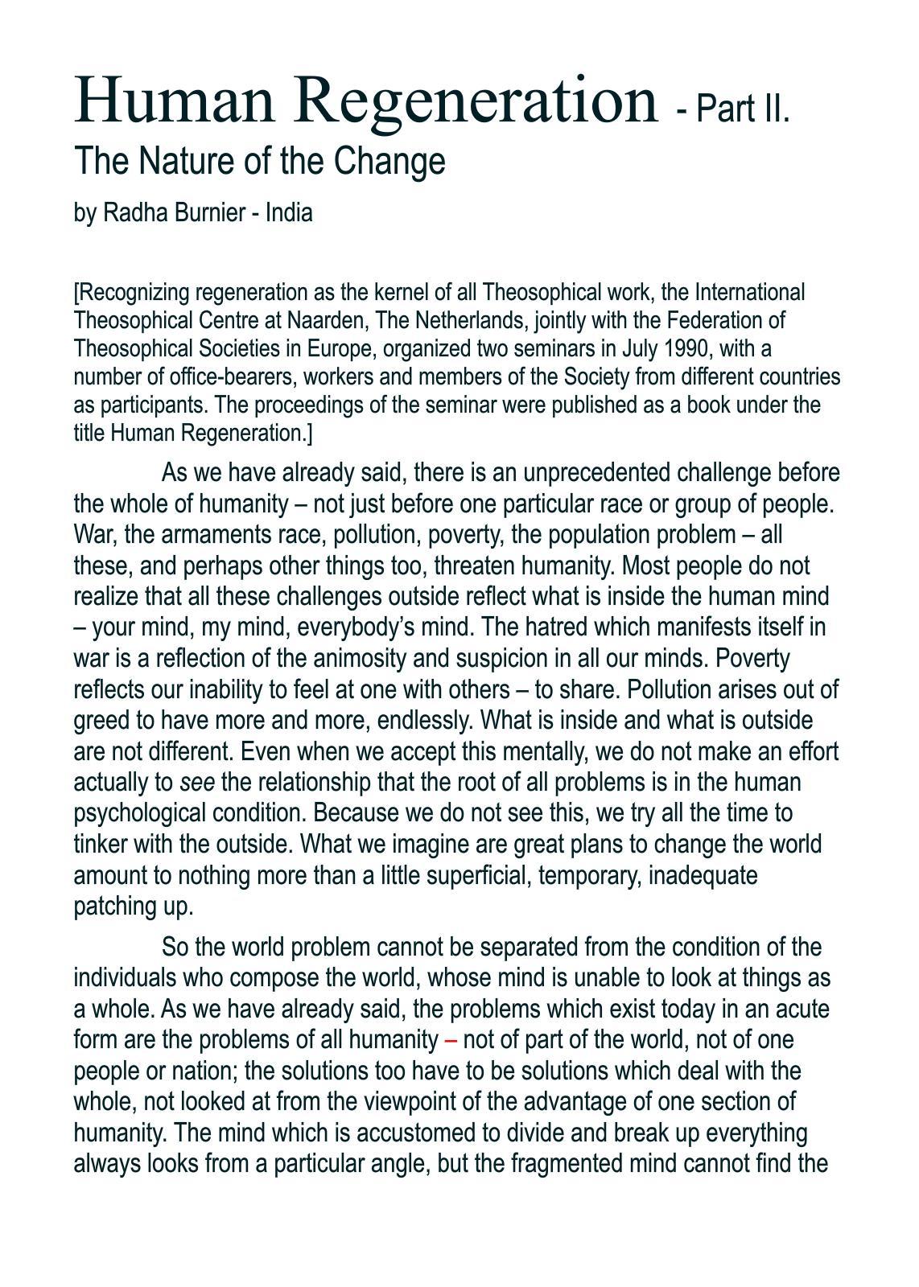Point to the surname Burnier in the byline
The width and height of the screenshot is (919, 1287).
click(209, 213)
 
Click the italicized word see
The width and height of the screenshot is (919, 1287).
click(197, 782)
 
